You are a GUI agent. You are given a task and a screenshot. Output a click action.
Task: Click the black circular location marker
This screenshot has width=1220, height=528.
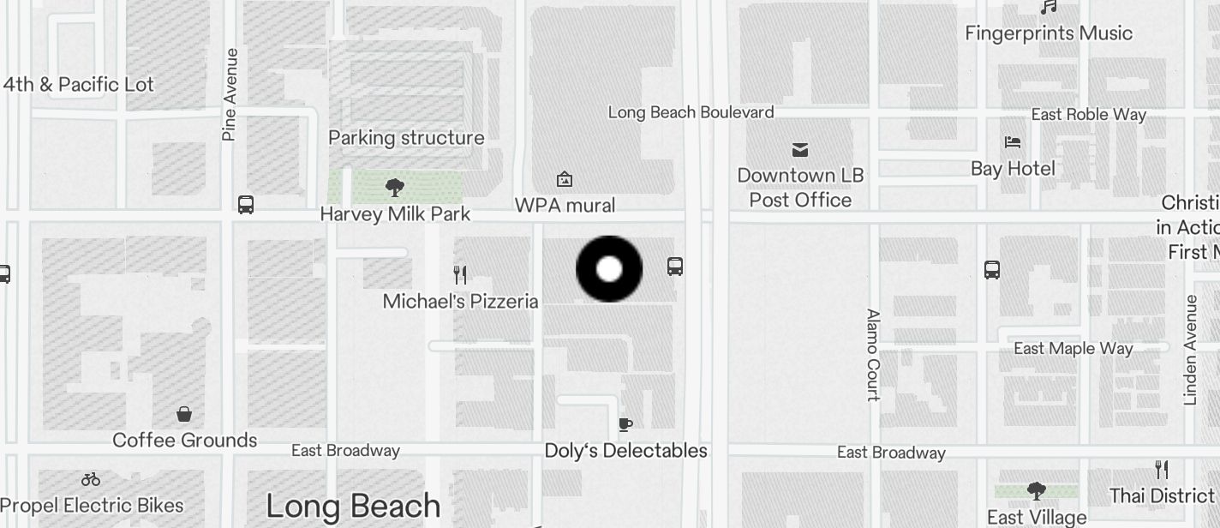(609, 269)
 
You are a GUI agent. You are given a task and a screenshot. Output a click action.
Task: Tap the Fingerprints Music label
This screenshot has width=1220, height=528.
(1049, 33)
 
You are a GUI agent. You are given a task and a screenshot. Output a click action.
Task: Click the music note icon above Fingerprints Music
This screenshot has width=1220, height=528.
(1049, 8)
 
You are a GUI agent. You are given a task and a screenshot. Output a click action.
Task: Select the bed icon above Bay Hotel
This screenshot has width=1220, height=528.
(1013, 142)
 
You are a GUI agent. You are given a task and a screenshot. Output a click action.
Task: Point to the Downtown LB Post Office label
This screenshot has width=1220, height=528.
(800, 188)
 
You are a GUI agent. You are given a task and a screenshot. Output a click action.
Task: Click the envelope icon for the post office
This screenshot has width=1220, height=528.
(800, 151)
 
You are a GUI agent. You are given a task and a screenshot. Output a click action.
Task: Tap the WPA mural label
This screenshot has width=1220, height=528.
(565, 206)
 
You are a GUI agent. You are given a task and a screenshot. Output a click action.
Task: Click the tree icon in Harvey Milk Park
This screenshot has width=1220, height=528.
(395, 187)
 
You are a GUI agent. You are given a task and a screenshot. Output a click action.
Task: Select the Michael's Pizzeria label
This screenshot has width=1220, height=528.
(460, 302)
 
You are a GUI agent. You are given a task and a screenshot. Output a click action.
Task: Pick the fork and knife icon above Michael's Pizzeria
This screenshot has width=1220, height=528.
(460, 274)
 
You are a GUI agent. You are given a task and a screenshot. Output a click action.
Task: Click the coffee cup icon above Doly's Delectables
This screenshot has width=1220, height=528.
(625, 424)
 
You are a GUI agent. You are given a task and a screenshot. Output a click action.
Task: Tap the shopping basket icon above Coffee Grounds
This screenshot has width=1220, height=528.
(184, 415)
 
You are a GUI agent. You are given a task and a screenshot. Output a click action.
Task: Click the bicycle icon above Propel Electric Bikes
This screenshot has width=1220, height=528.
(91, 479)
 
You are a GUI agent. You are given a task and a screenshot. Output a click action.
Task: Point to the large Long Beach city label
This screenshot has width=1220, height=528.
(353, 506)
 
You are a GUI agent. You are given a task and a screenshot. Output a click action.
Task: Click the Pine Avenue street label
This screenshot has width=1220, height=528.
(229, 94)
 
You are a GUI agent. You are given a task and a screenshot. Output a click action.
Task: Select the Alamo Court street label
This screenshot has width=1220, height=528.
(873, 355)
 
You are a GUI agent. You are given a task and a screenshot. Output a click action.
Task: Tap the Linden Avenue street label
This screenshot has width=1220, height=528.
(1190, 350)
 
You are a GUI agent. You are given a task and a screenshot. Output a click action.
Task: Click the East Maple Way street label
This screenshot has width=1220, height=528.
(1073, 348)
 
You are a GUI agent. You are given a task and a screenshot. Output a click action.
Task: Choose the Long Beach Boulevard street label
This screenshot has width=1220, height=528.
(691, 112)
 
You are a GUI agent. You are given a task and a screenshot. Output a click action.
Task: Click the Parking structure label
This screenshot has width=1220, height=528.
(406, 138)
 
